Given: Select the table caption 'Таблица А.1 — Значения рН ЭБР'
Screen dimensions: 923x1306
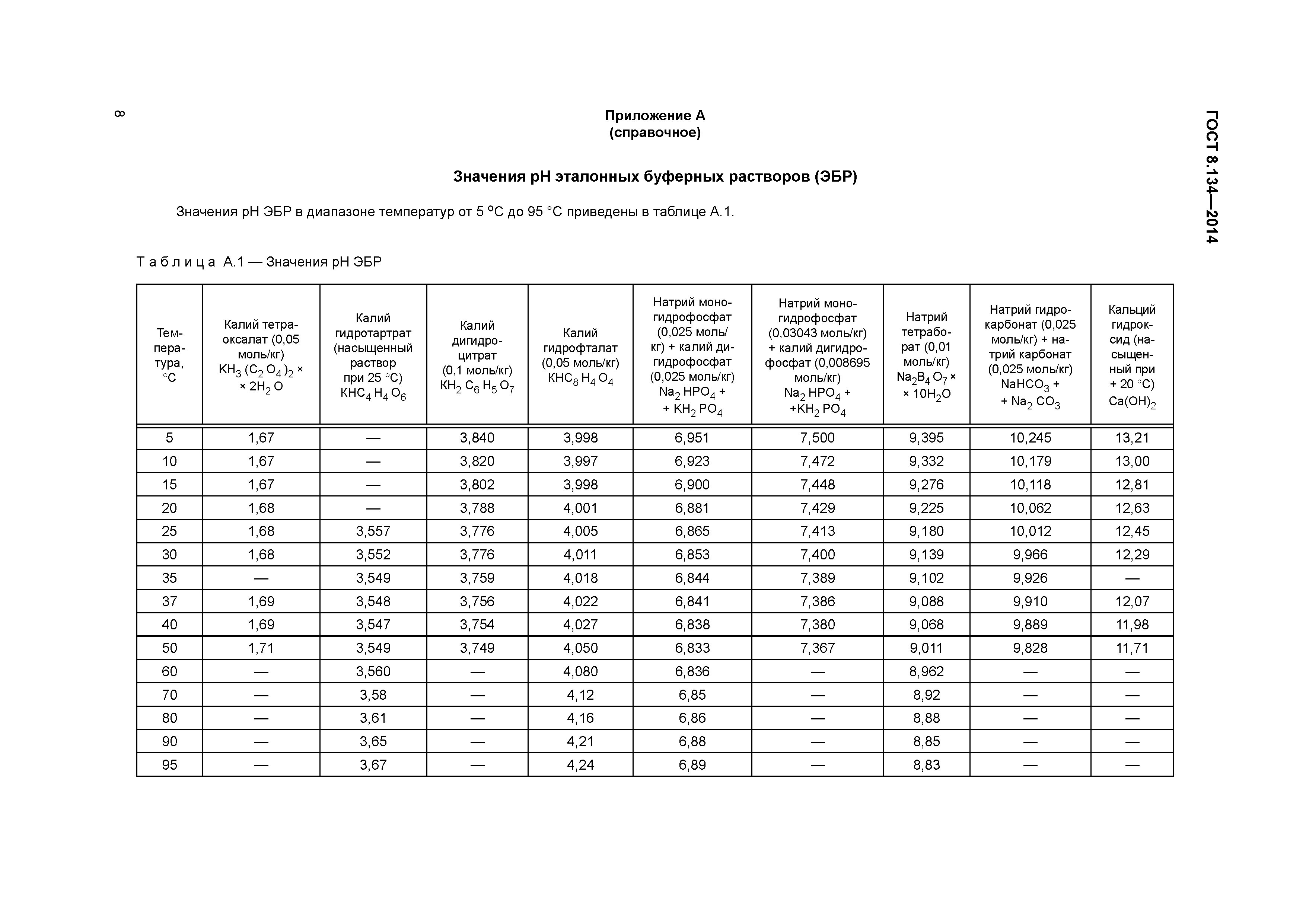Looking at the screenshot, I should coord(259,262).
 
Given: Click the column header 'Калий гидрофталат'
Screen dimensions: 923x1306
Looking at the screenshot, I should coord(580,355).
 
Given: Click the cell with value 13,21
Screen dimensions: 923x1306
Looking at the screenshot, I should coord(1132,438).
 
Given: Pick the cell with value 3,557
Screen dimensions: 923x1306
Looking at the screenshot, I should coord(373,531).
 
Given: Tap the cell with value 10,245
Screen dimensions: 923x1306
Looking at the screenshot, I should coord(1030,438).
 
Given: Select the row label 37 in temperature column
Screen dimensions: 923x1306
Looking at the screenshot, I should coord(169,601).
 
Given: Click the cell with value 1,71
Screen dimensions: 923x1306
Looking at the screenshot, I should coord(261,648).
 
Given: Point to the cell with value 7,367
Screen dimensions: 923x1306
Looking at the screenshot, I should coord(818,648).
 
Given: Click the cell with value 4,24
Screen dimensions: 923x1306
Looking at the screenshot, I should coord(580,765).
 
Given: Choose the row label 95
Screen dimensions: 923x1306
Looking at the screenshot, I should coord(169,765).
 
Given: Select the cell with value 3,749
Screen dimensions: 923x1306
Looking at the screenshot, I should coord(477,648).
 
